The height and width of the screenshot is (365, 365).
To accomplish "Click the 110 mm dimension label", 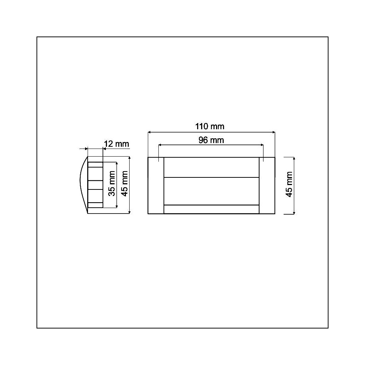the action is [x=210, y=126].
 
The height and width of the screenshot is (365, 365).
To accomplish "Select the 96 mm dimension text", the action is [x=211, y=140].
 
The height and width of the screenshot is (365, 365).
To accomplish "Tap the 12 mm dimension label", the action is [x=116, y=144].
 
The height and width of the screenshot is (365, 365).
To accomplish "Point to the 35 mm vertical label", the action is [x=112, y=184].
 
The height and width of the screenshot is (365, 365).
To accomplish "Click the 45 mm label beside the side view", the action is [x=125, y=184].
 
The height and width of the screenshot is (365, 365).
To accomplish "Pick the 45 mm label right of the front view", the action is [x=289, y=184].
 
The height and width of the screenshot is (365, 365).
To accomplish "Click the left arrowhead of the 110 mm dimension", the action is [x=149, y=132].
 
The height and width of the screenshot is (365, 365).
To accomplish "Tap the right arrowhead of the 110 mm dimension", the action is [x=273, y=132].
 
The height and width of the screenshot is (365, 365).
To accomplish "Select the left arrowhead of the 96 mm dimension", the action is [x=160, y=145].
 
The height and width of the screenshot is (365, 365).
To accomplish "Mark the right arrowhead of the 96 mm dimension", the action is [x=262, y=145].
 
